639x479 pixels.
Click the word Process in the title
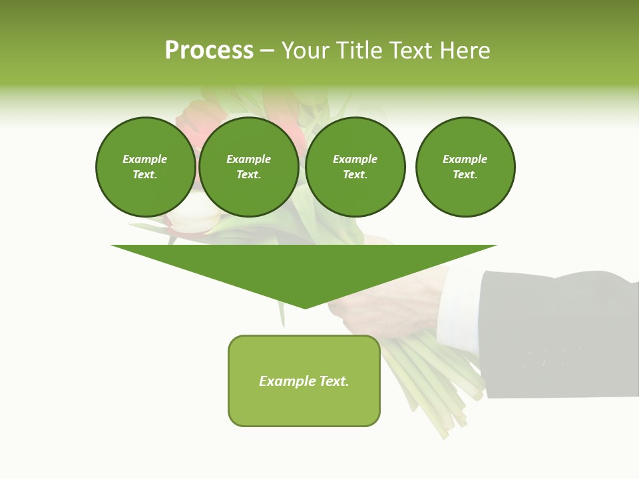209,51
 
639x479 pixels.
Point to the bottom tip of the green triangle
305,307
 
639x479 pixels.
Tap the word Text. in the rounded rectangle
333,381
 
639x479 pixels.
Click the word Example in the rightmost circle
465,159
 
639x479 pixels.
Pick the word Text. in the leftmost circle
145,175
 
